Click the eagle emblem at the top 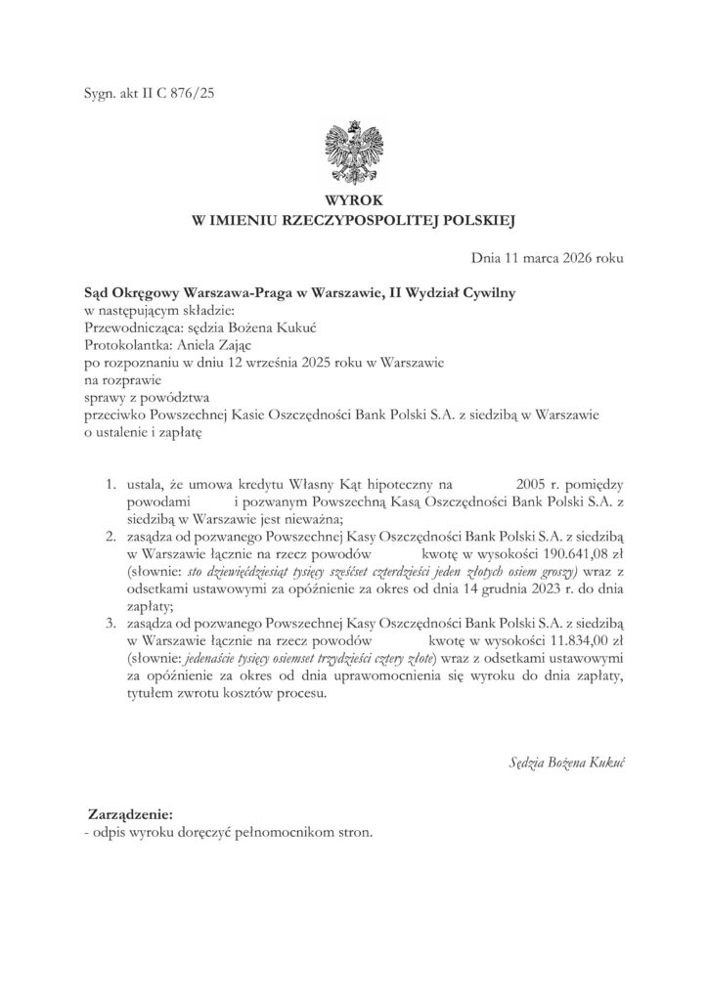tap(354, 152)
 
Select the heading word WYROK tap(354, 202)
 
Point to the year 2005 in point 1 tap(514, 484)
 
